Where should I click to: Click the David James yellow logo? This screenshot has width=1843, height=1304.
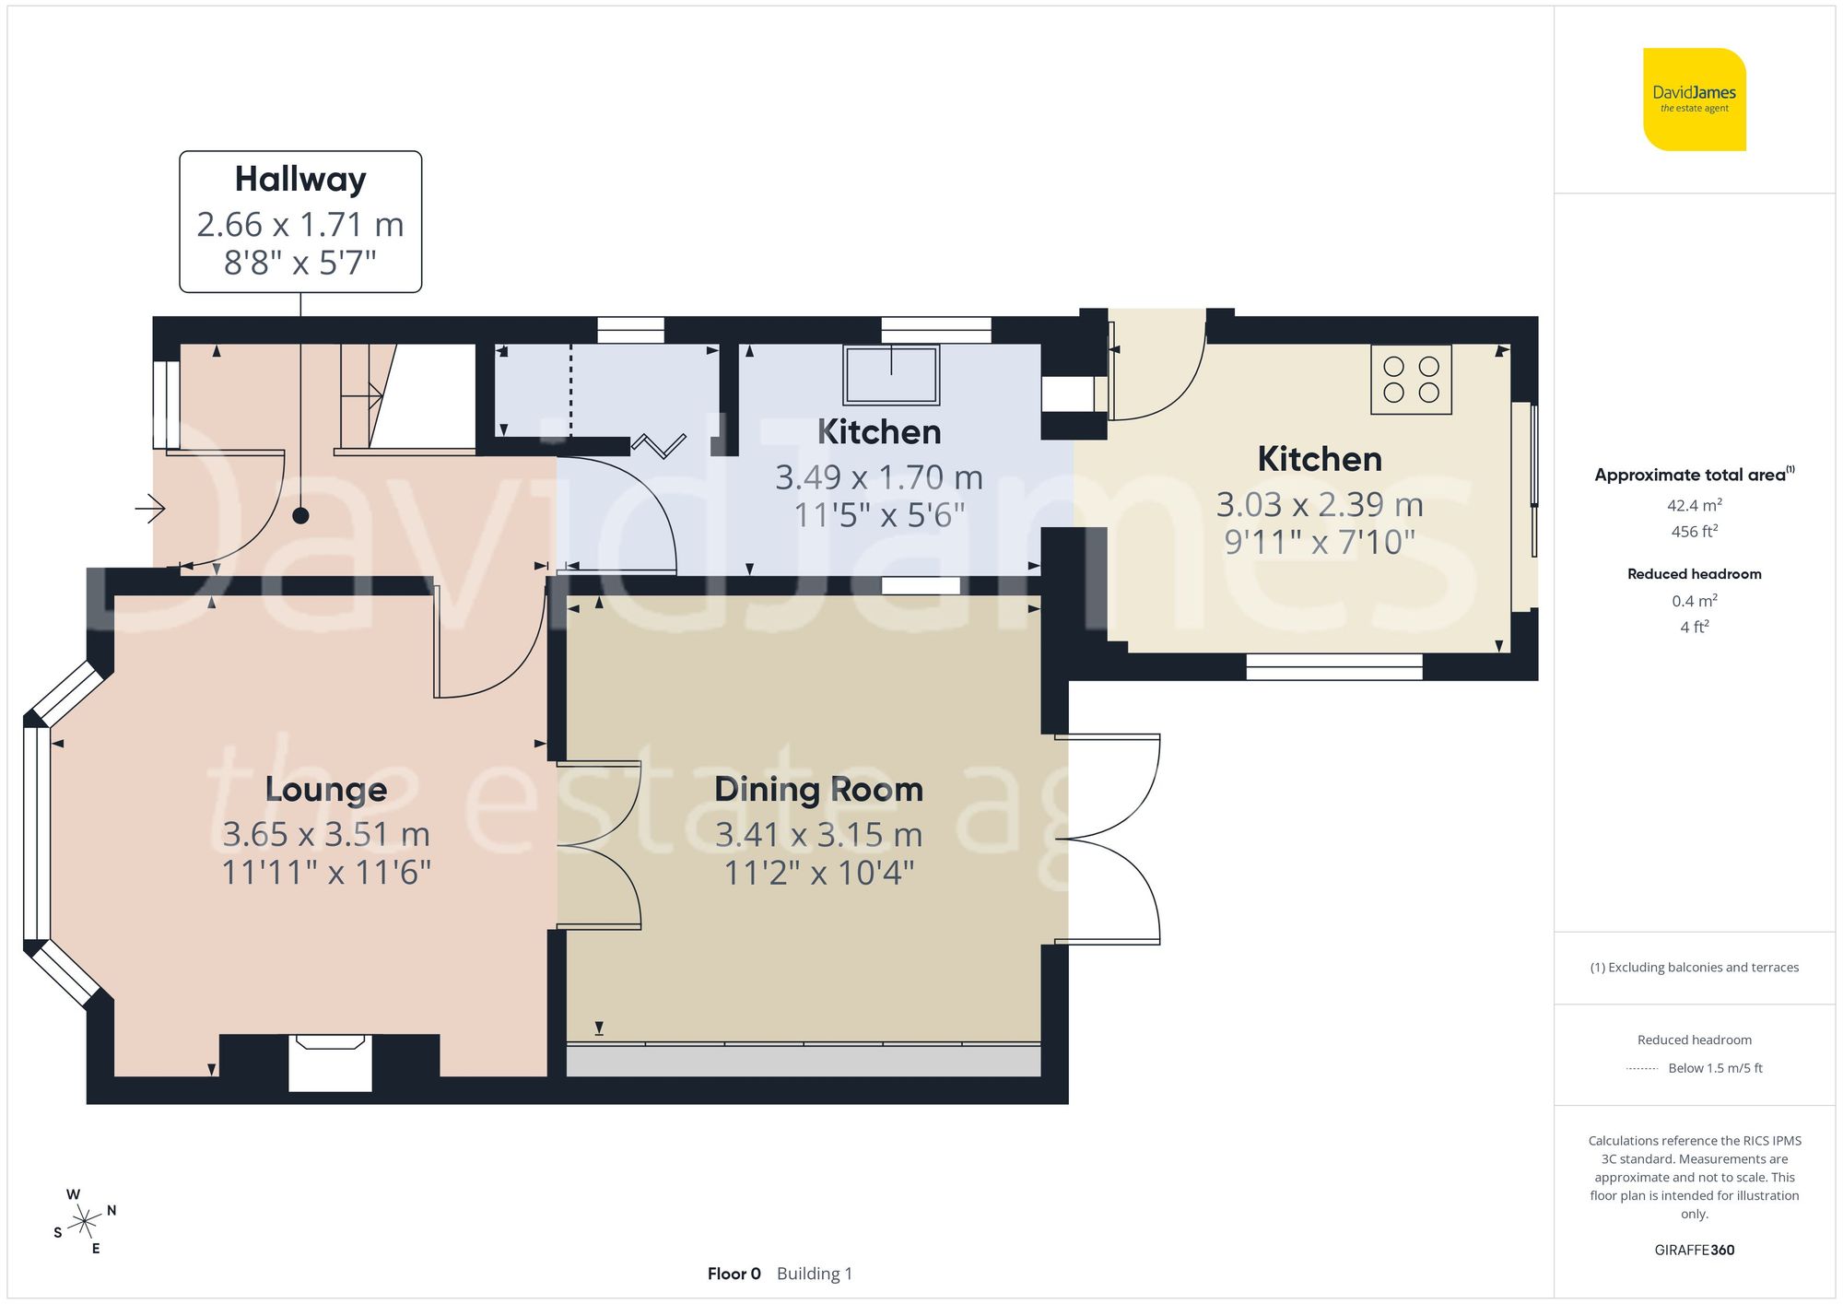pos(1694,100)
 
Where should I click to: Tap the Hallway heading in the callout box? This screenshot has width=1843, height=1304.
pos(300,179)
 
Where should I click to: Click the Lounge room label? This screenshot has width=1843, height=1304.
pos(326,790)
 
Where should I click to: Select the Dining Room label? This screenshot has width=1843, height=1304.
pos(818,790)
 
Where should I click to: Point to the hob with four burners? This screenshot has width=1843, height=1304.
pos(1411,380)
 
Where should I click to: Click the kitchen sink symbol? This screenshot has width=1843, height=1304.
pos(891,374)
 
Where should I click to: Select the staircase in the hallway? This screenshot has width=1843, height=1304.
pos(369,396)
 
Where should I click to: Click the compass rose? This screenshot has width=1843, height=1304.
pos(85,1223)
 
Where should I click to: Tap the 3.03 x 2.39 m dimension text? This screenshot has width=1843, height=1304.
pos(1320,505)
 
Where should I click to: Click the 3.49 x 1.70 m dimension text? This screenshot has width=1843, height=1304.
pos(878,477)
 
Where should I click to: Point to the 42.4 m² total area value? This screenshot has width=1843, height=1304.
pos(1694,505)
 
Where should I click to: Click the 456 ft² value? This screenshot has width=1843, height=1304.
pos(1694,532)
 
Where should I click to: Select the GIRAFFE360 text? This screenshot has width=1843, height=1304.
pos(1694,1250)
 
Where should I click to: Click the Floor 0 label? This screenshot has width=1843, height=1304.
pos(734,1274)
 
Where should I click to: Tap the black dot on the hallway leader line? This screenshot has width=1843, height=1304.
pos(300,516)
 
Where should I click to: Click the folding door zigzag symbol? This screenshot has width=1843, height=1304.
pos(659,446)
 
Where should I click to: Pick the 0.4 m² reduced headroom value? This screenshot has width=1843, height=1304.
pos(1694,601)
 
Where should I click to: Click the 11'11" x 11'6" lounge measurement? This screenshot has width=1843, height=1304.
pos(326,872)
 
